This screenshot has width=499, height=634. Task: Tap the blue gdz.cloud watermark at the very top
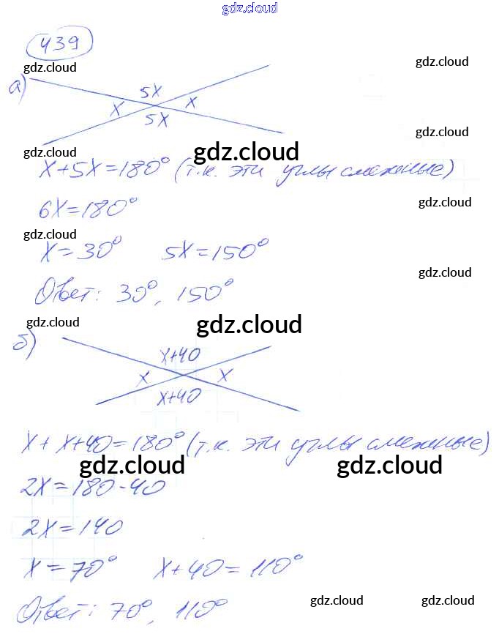(x=249, y=8)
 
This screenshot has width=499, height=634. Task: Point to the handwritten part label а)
(x=16, y=87)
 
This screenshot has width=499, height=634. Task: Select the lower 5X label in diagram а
(x=156, y=119)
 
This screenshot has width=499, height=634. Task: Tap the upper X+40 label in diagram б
(x=180, y=357)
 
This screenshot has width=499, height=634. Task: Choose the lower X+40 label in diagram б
(x=180, y=397)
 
